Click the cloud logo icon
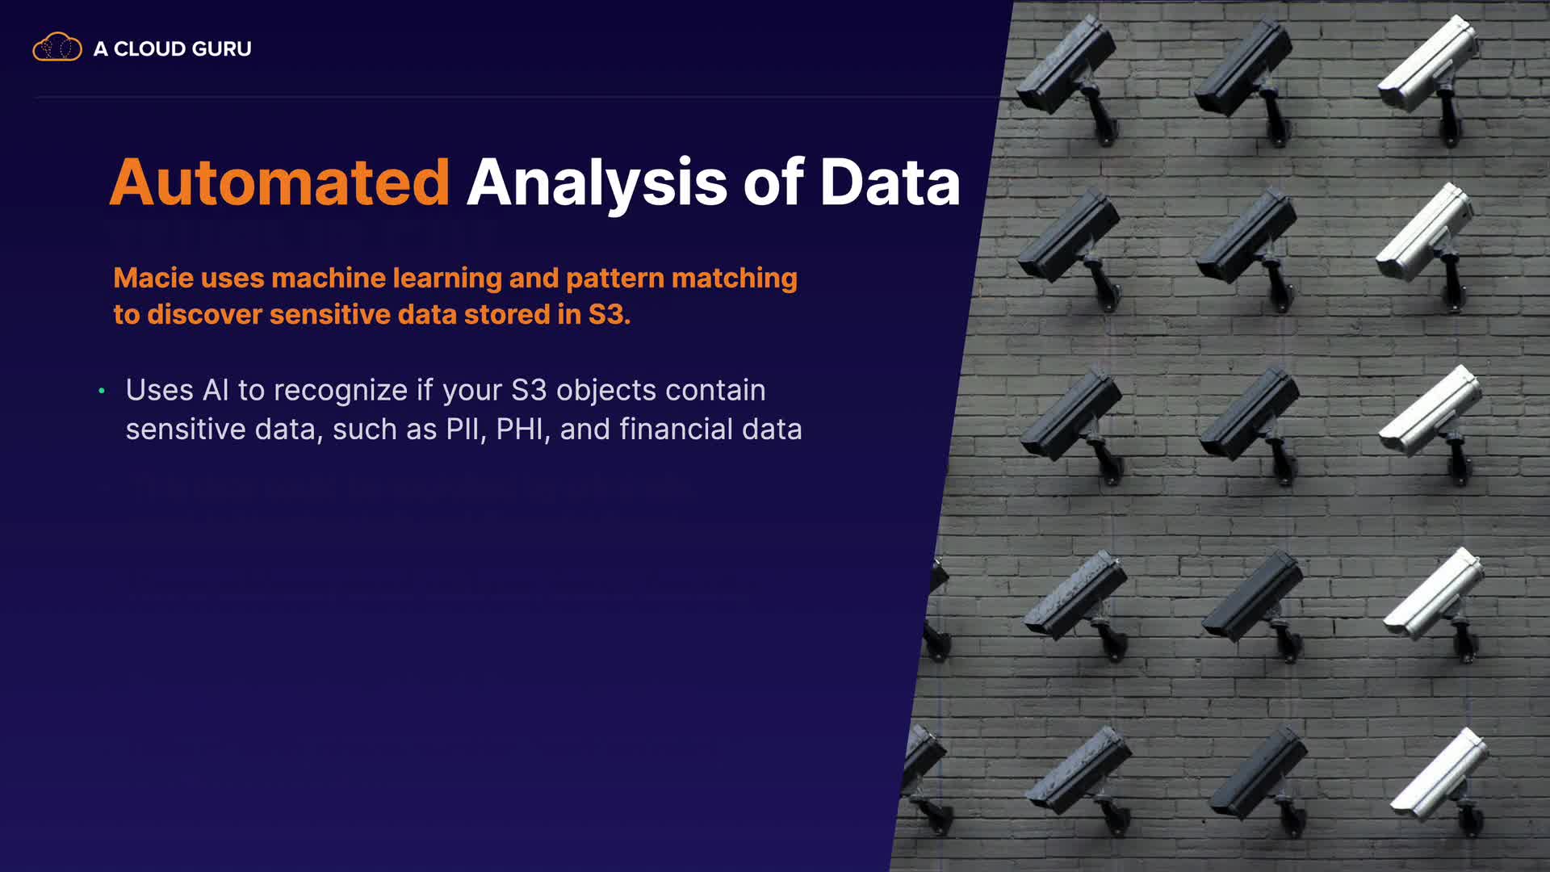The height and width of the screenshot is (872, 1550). [x=57, y=48]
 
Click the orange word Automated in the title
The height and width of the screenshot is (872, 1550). [x=279, y=182]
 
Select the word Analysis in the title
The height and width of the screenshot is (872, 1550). [x=597, y=184]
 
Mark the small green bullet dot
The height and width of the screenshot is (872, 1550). [x=102, y=391]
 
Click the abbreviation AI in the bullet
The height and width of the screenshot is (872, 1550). [x=216, y=390]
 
